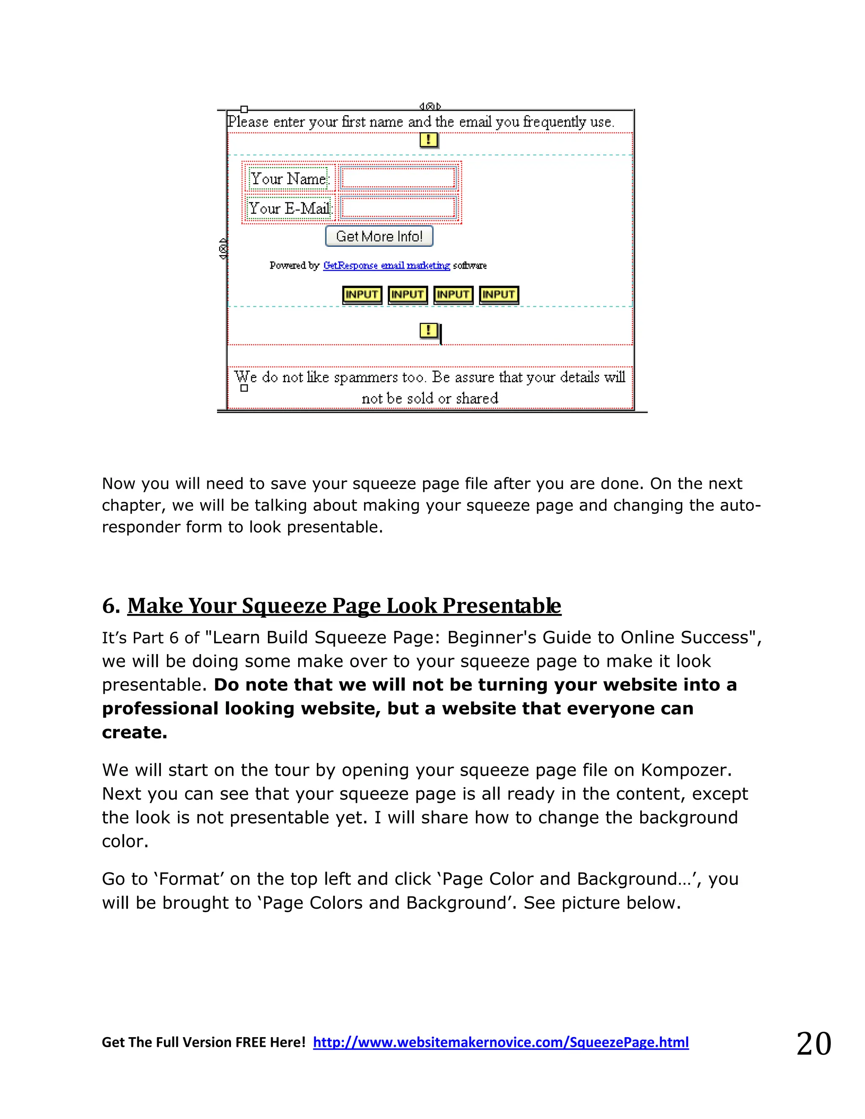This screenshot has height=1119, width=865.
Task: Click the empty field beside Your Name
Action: click(398, 178)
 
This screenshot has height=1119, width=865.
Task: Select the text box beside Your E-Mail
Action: click(398, 208)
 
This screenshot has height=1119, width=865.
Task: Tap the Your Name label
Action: click(288, 179)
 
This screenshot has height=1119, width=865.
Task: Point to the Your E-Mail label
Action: click(289, 209)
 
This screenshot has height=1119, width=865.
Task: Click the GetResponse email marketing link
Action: click(386, 266)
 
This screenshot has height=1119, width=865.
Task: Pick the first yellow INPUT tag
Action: click(362, 295)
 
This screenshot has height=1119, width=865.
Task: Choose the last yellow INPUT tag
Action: click(499, 295)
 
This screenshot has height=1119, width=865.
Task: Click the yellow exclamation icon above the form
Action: click(428, 139)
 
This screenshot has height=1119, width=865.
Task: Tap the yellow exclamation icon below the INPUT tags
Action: click(428, 331)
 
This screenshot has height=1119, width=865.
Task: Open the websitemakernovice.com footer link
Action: click(501, 1042)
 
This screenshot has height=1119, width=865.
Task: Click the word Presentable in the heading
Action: click(502, 606)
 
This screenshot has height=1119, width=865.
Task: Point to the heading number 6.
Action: click(111, 606)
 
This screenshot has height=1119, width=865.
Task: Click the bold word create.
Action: click(134, 732)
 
